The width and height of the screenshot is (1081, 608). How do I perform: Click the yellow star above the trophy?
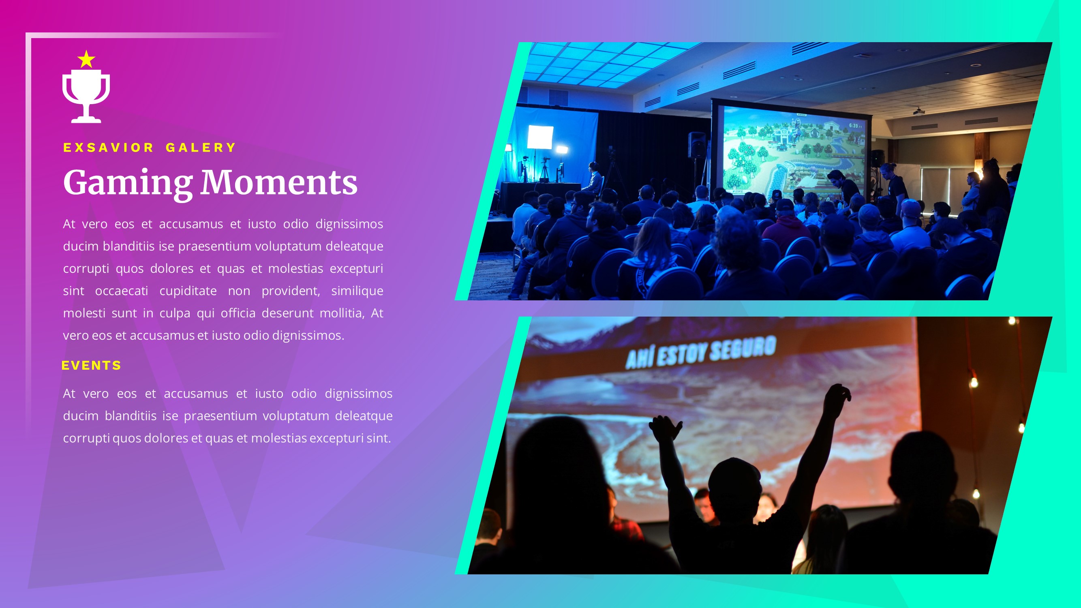[86, 60]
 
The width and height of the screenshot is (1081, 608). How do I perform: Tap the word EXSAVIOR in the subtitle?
[109, 148]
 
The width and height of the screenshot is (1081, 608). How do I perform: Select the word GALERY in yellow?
[201, 148]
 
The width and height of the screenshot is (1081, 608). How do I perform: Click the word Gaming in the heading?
[128, 183]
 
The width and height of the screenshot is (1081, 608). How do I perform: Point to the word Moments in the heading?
[278, 183]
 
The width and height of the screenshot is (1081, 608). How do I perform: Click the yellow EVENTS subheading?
[92, 366]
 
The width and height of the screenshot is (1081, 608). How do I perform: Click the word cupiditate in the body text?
[188, 291]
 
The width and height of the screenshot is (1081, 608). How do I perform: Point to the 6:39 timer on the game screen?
[855, 126]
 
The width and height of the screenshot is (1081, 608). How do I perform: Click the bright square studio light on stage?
[540, 137]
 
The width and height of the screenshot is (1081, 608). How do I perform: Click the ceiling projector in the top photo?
[919, 111]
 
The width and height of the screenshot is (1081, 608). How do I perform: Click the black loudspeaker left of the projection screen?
[697, 145]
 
